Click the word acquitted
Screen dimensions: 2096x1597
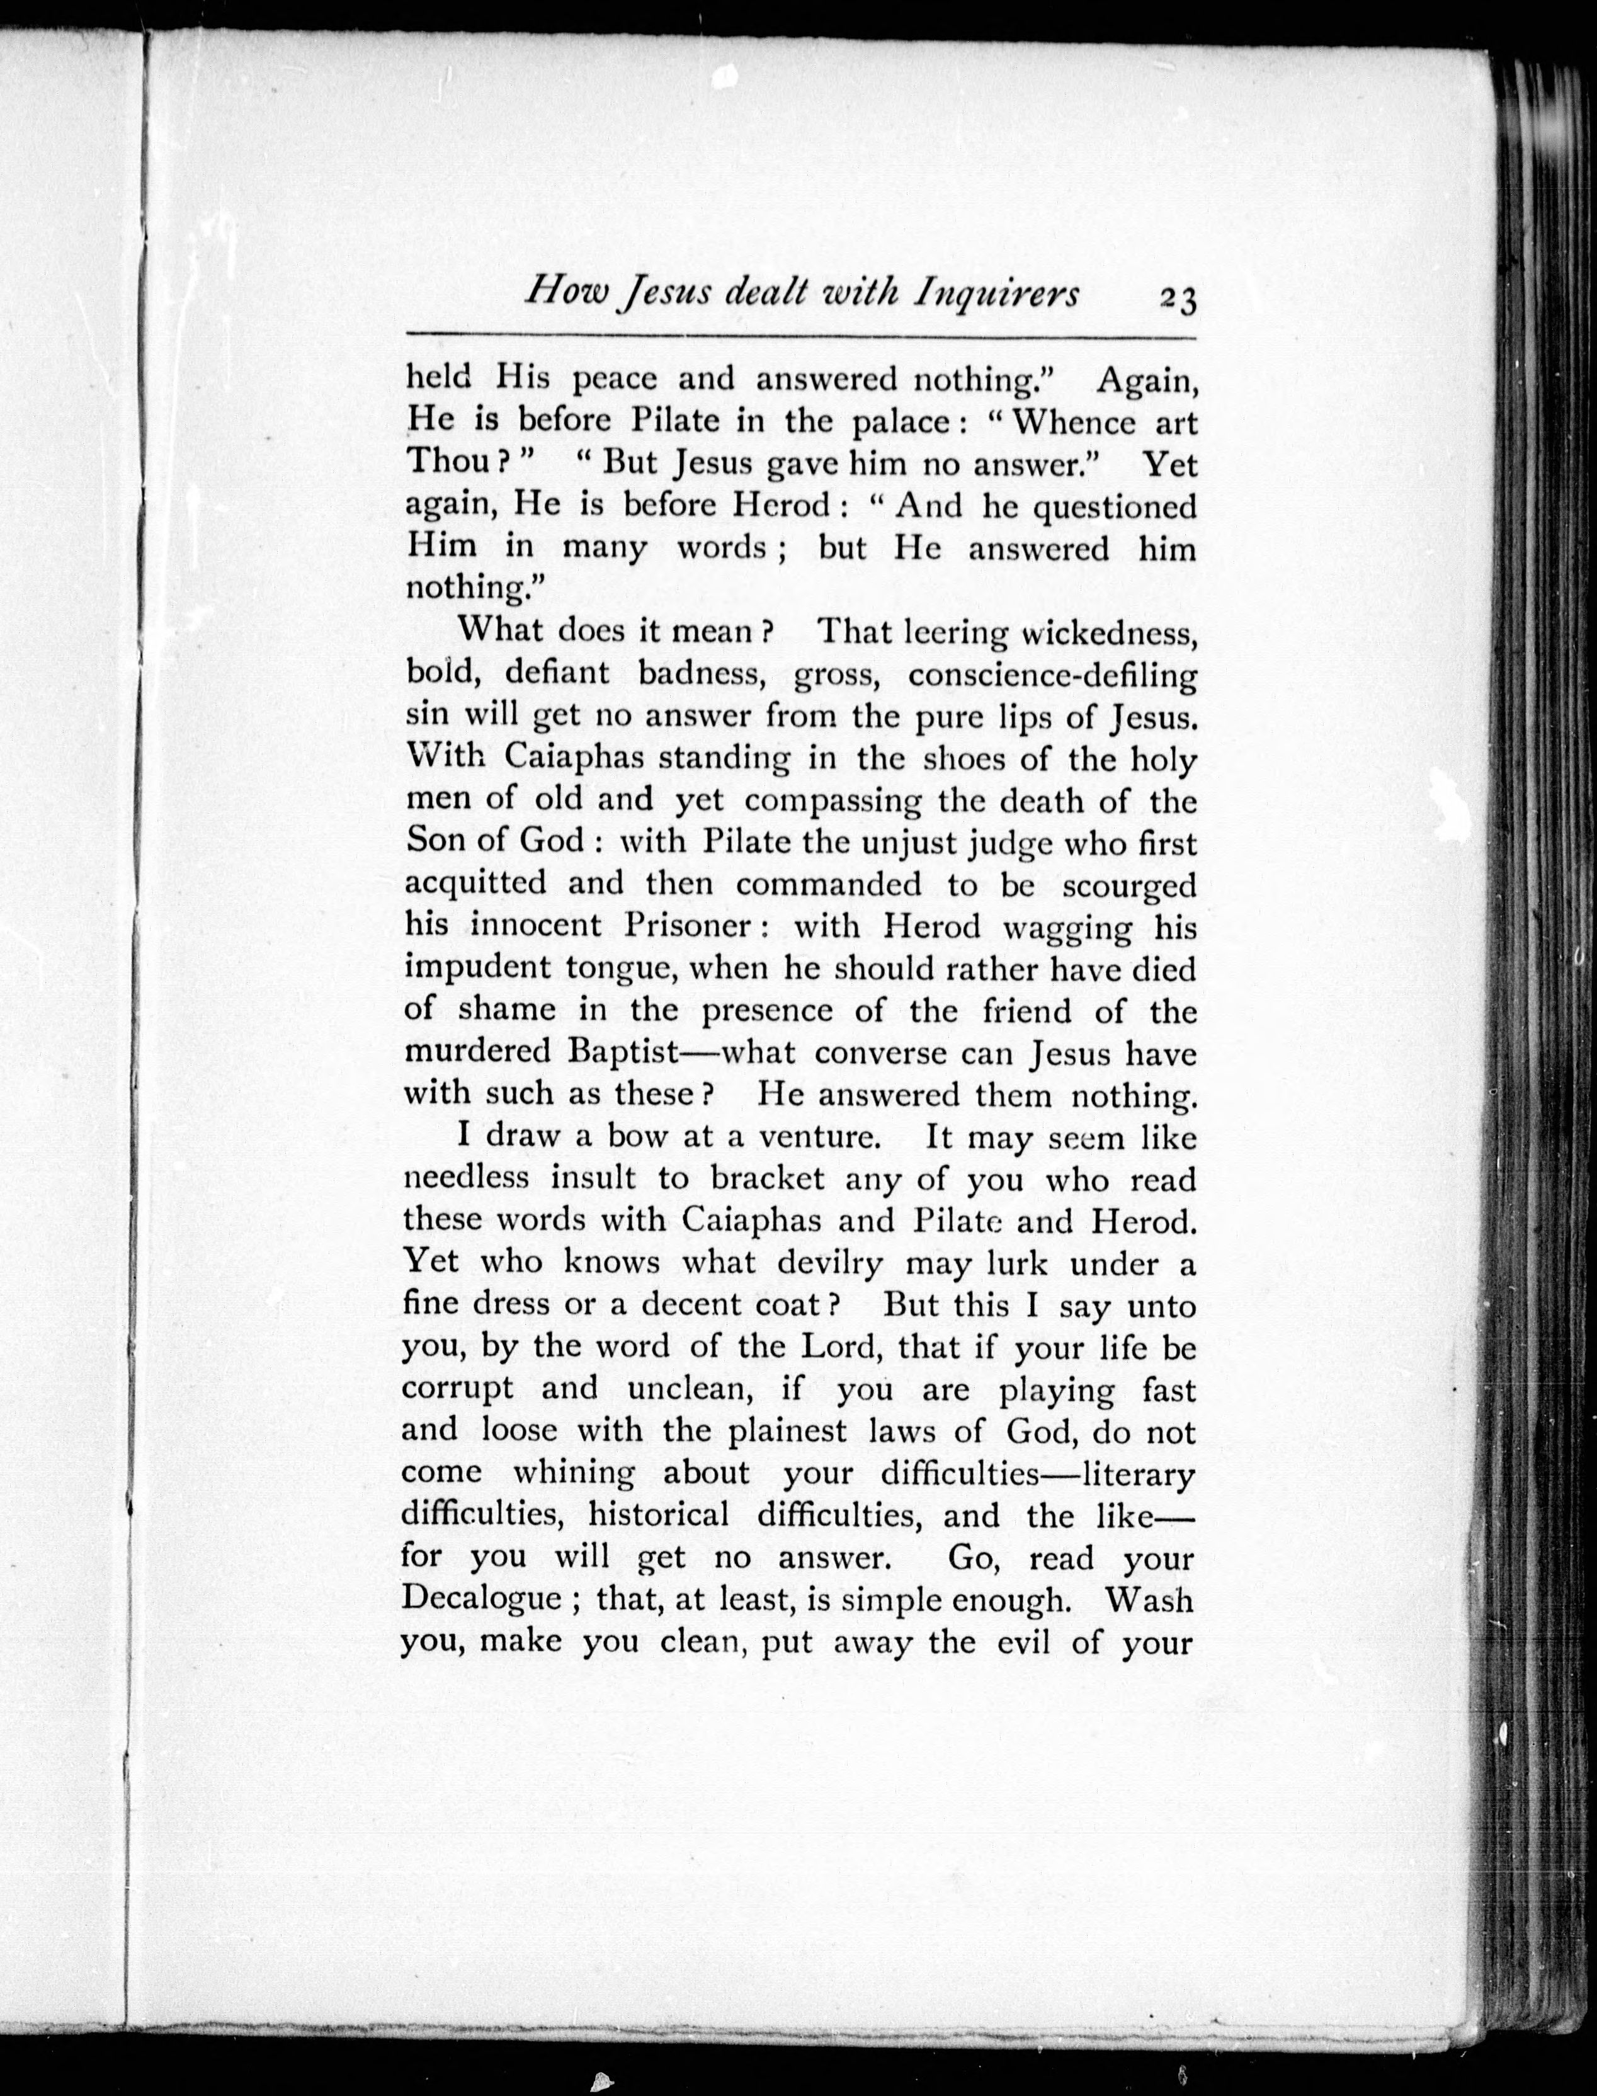(x=475, y=884)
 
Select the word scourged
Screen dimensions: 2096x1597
(x=1128, y=886)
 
